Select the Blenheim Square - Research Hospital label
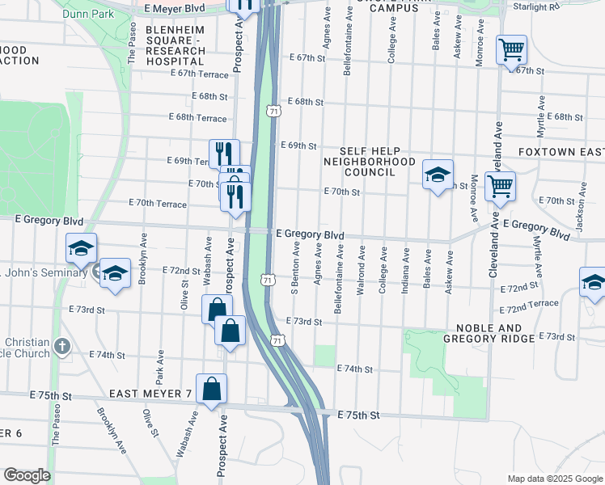coord(175,45)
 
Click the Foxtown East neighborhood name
coord(561,152)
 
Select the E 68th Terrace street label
coord(198,118)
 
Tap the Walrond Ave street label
coord(362,277)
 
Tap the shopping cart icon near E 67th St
coord(511,49)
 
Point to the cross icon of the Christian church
coord(63,348)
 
